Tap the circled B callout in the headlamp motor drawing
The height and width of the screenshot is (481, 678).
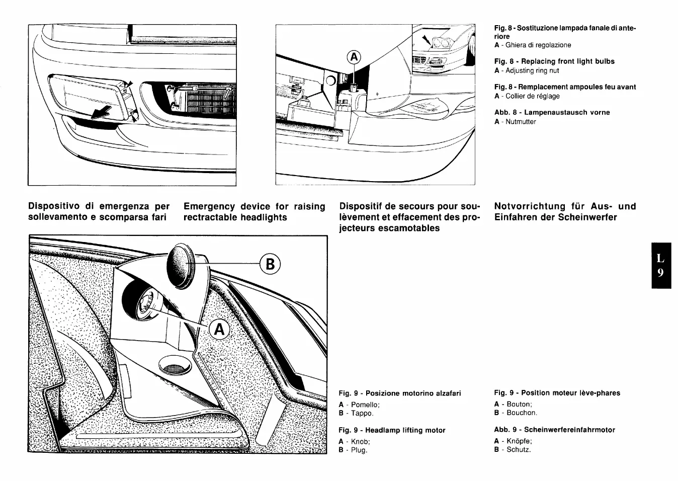click(270, 264)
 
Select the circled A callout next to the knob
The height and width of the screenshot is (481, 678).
click(219, 330)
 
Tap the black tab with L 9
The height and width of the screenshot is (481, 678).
click(661, 266)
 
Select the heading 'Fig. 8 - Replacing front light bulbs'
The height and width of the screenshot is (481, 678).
click(554, 61)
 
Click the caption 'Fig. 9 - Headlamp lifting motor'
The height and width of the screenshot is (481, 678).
click(392, 430)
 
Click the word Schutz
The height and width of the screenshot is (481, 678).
click(518, 450)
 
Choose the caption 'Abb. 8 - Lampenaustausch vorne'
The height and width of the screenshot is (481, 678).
click(552, 112)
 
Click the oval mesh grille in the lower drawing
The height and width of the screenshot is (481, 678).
click(174, 367)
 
